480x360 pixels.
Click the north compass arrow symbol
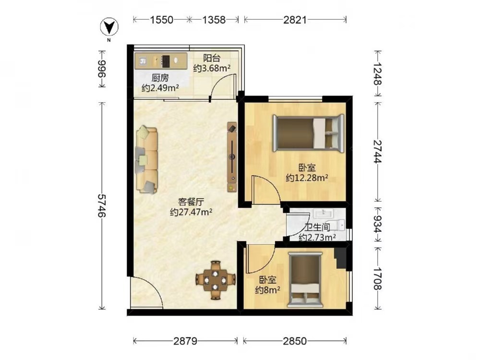pos(109,27)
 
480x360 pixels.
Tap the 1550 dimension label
pos(161,20)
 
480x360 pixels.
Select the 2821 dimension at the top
pos(295,20)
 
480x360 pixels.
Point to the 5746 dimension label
pos(102,205)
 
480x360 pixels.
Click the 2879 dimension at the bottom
pos(185,341)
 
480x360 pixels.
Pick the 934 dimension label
pos(378,225)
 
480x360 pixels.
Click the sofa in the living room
pos(146,159)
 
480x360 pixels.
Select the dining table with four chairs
pos(216,280)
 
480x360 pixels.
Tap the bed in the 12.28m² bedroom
pos(309,133)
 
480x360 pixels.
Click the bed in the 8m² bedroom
pos(305,280)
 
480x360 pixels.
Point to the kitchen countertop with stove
pos(161,60)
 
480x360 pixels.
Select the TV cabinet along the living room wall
pos(232,157)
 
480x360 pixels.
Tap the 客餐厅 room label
pos(192,202)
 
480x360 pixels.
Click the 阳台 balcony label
pos(212,58)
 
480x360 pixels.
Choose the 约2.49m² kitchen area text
pos(160,88)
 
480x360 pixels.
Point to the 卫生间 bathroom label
pos(317,227)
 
